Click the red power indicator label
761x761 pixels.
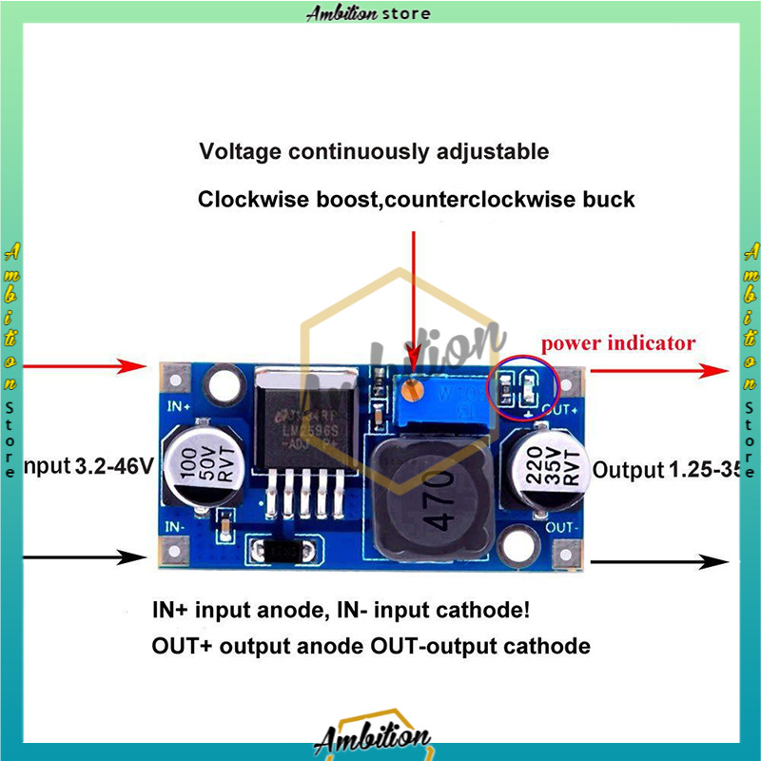[x=618, y=343]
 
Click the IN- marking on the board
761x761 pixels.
[x=174, y=525]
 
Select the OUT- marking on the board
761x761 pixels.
[x=562, y=525]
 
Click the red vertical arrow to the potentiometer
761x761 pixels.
[x=412, y=304]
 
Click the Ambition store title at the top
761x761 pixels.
[x=368, y=12]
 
